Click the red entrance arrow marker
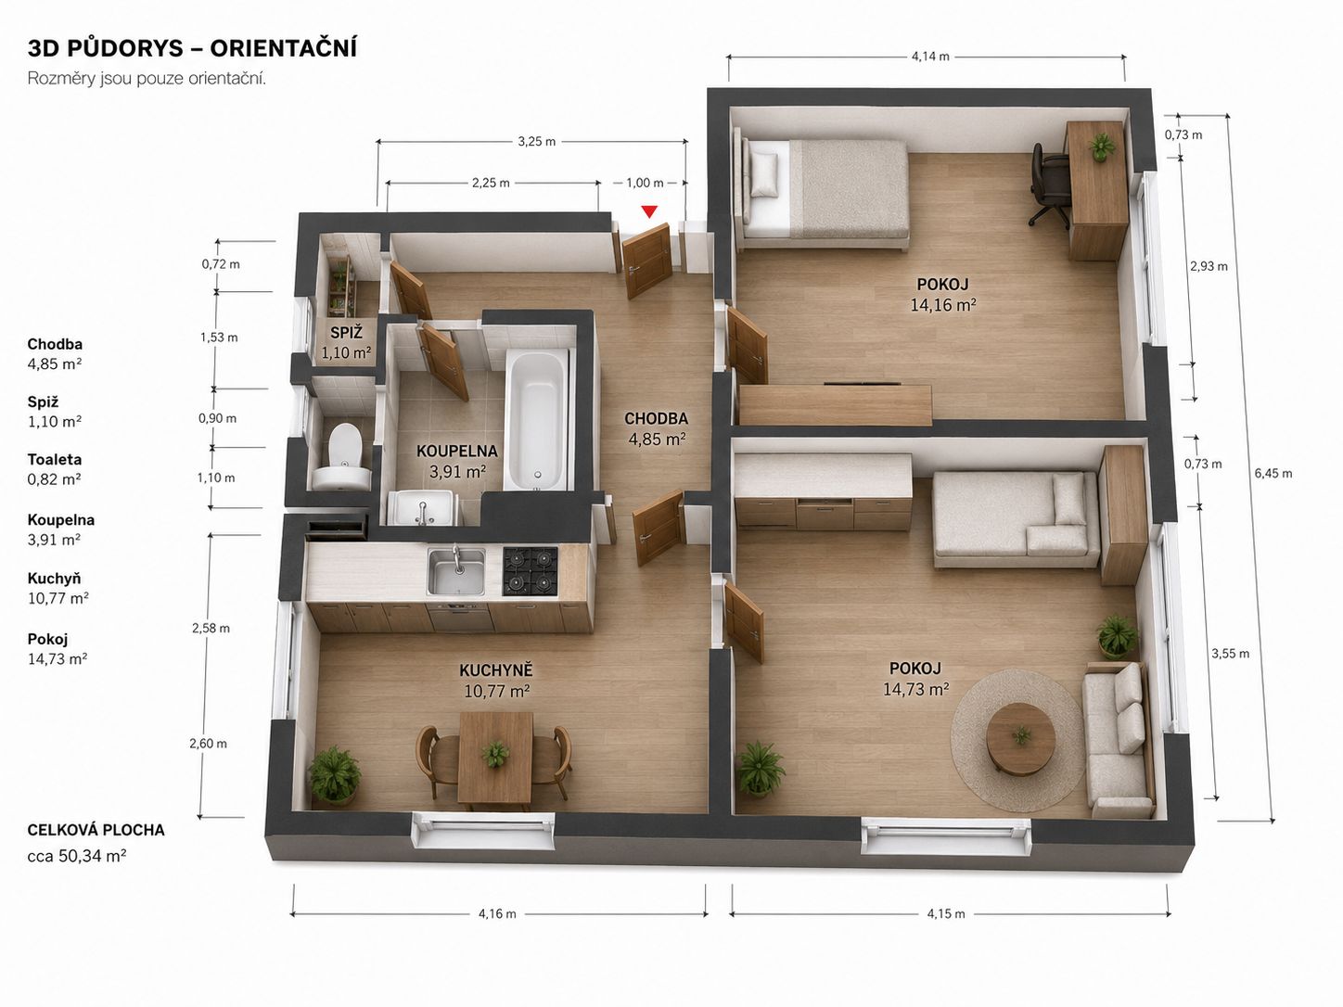pos(649,211)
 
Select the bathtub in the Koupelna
pos(537,421)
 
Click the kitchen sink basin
pos(455,571)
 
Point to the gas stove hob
pos(531,571)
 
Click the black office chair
pos(1050,184)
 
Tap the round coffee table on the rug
pos(1020,737)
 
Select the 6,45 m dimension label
pos(1273,473)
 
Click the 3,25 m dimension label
pos(537,141)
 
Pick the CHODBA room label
pos(656,418)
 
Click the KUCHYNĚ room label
pos(496,670)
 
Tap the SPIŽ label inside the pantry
pos(346,333)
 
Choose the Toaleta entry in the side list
pos(55,459)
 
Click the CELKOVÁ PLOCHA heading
pos(96,830)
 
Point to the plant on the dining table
pos(495,754)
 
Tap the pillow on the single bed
pos(764,174)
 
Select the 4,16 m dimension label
pos(497,914)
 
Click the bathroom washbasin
pos(423,507)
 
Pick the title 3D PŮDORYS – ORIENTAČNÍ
pos(192,48)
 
